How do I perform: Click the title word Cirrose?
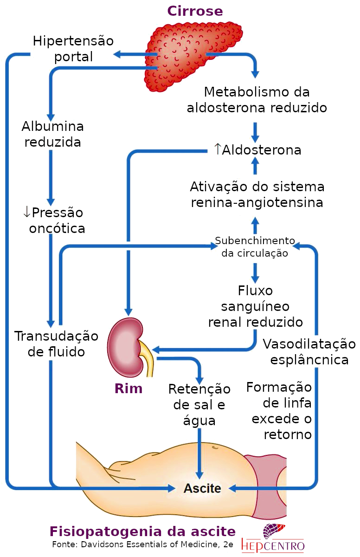click(195, 11)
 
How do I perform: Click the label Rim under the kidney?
click(129, 389)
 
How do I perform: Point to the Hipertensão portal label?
click(73, 49)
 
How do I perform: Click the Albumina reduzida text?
click(52, 134)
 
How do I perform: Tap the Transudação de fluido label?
click(56, 343)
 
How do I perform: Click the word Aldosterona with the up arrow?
click(257, 150)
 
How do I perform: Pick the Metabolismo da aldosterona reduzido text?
click(257, 99)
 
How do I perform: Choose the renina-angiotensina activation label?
click(257, 195)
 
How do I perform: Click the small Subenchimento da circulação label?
click(255, 247)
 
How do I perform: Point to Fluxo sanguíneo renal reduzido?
click(255, 306)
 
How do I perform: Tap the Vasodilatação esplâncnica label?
click(309, 352)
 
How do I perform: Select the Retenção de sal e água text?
click(199, 404)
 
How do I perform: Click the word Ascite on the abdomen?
click(202, 488)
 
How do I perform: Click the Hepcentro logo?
click(273, 538)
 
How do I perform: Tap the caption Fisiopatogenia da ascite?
click(142, 531)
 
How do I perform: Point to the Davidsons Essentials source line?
click(142, 544)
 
